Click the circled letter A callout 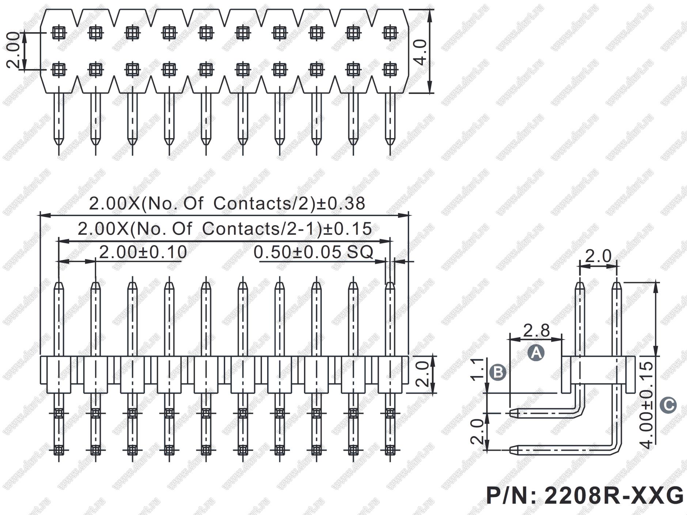point(536,353)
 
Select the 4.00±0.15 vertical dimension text point(647,405)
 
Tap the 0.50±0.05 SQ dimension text point(313,252)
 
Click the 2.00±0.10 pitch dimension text point(143,252)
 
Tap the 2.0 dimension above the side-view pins point(598,256)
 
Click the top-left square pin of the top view point(58,33)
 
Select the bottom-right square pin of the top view point(390,69)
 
